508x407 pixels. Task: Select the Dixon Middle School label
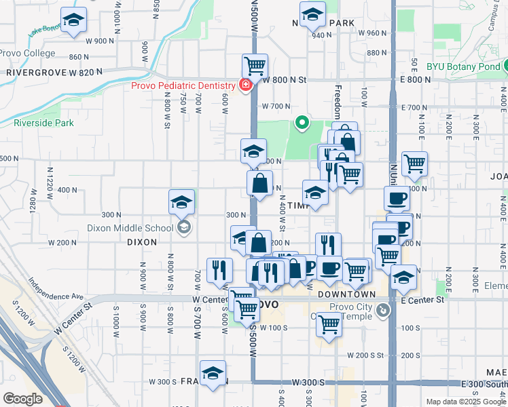[135, 229]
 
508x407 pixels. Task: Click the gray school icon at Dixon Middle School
[182, 228]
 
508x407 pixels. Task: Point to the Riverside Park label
[43, 123]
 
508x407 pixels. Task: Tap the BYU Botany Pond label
[464, 66]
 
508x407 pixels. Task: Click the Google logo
[22, 399]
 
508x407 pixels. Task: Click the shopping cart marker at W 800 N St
[255, 66]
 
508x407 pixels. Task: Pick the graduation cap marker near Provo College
[73, 20]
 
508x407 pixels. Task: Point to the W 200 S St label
[365, 355]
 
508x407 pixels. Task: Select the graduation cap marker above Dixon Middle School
[182, 201]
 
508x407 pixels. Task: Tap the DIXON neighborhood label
[142, 241]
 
